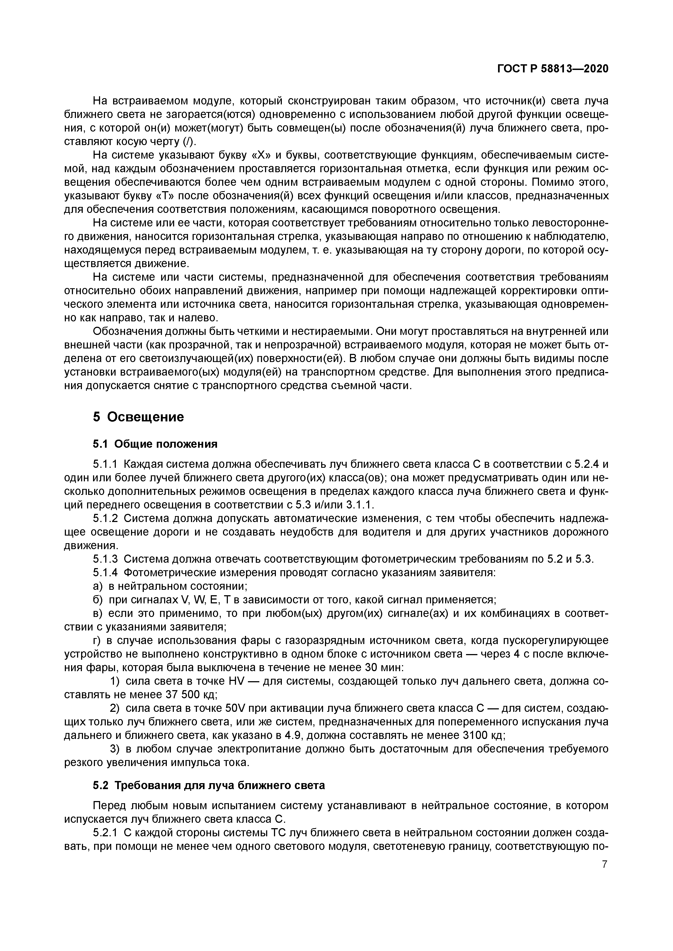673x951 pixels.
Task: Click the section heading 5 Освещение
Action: [x=138, y=417]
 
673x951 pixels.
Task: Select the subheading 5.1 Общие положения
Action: [x=155, y=444]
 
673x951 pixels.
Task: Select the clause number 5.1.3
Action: [x=106, y=559]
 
